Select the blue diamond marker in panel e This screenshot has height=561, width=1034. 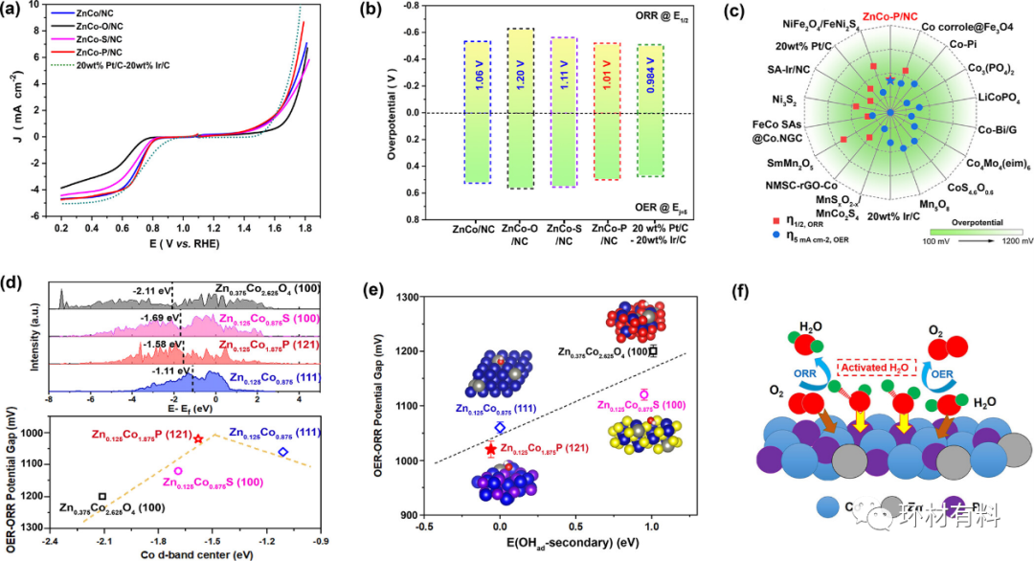pos(499,427)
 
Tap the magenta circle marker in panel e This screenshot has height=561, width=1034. pos(644,393)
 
